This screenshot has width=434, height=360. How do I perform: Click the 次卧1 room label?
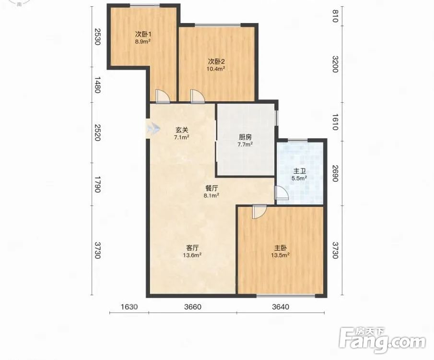(x=143, y=35)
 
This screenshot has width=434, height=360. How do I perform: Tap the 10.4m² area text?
(x=216, y=69)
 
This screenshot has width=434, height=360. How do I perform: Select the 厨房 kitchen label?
(x=245, y=137)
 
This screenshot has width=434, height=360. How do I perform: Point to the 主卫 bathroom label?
(x=299, y=171)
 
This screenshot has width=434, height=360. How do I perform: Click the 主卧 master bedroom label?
(x=281, y=248)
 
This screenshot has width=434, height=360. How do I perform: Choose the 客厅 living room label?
(x=192, y=248)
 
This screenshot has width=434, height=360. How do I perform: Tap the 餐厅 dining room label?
(x=212, y=188)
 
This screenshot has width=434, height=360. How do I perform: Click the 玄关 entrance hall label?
(x=182, y=130)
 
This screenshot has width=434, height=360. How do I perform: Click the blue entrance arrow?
(x=153, y=128)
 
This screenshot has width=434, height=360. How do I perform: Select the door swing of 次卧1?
(x=162, y=96)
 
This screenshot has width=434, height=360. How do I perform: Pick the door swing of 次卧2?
(x=198, y=96)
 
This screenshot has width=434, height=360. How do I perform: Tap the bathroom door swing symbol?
(x=281, y=192)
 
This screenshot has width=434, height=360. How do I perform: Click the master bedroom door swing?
(x=259, y=212)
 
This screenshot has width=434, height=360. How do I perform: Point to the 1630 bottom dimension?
(x=129, y=307)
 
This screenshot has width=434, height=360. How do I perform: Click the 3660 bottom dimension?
(x=193, y=307)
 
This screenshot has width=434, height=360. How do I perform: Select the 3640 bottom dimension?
(x=281, y=307)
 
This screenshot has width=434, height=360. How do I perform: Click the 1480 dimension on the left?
(x=97, y=85)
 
